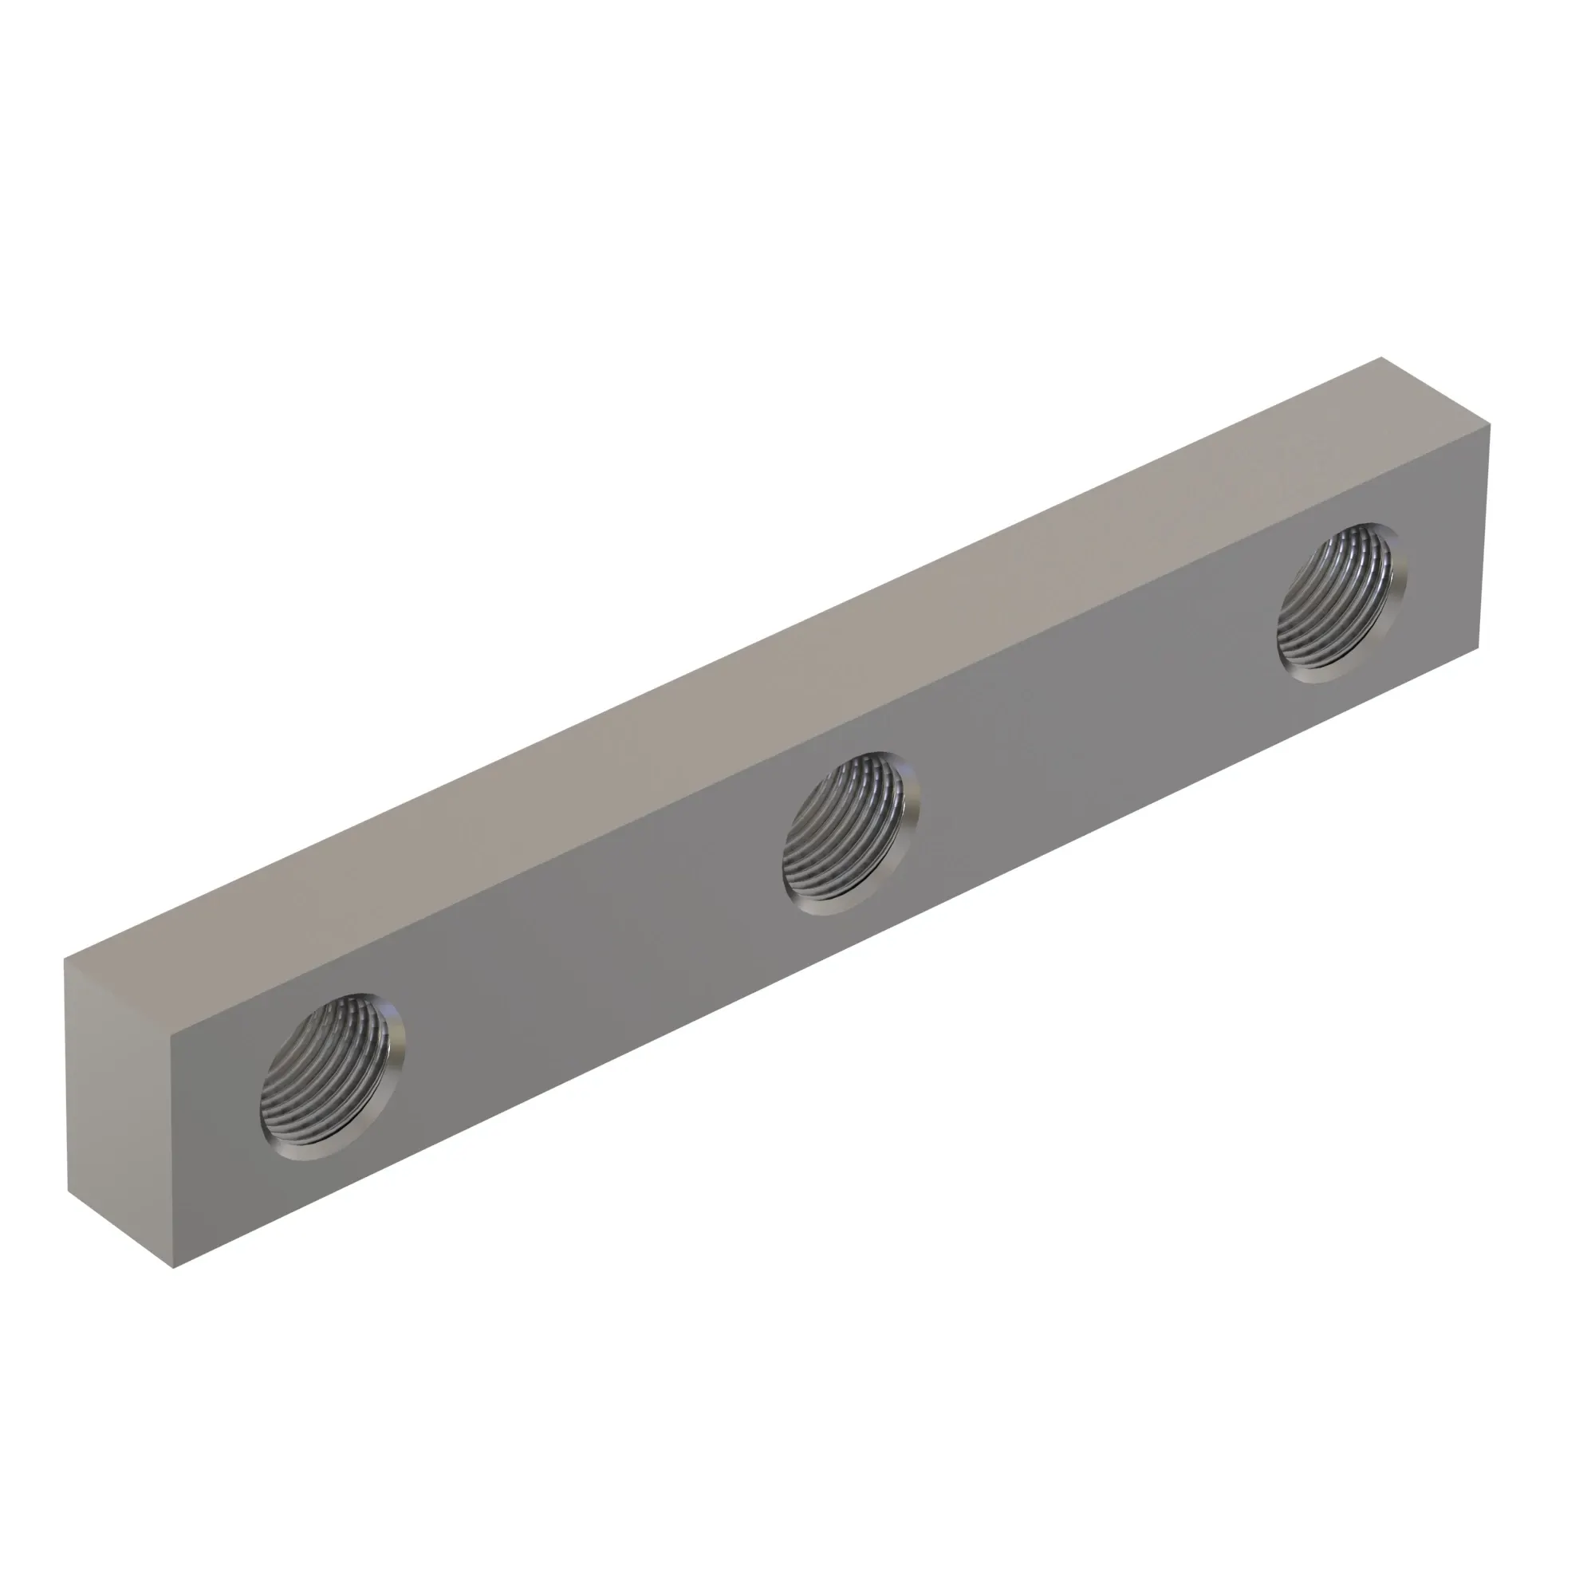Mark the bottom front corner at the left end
(173, 1268)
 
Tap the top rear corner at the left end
(65, 959)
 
